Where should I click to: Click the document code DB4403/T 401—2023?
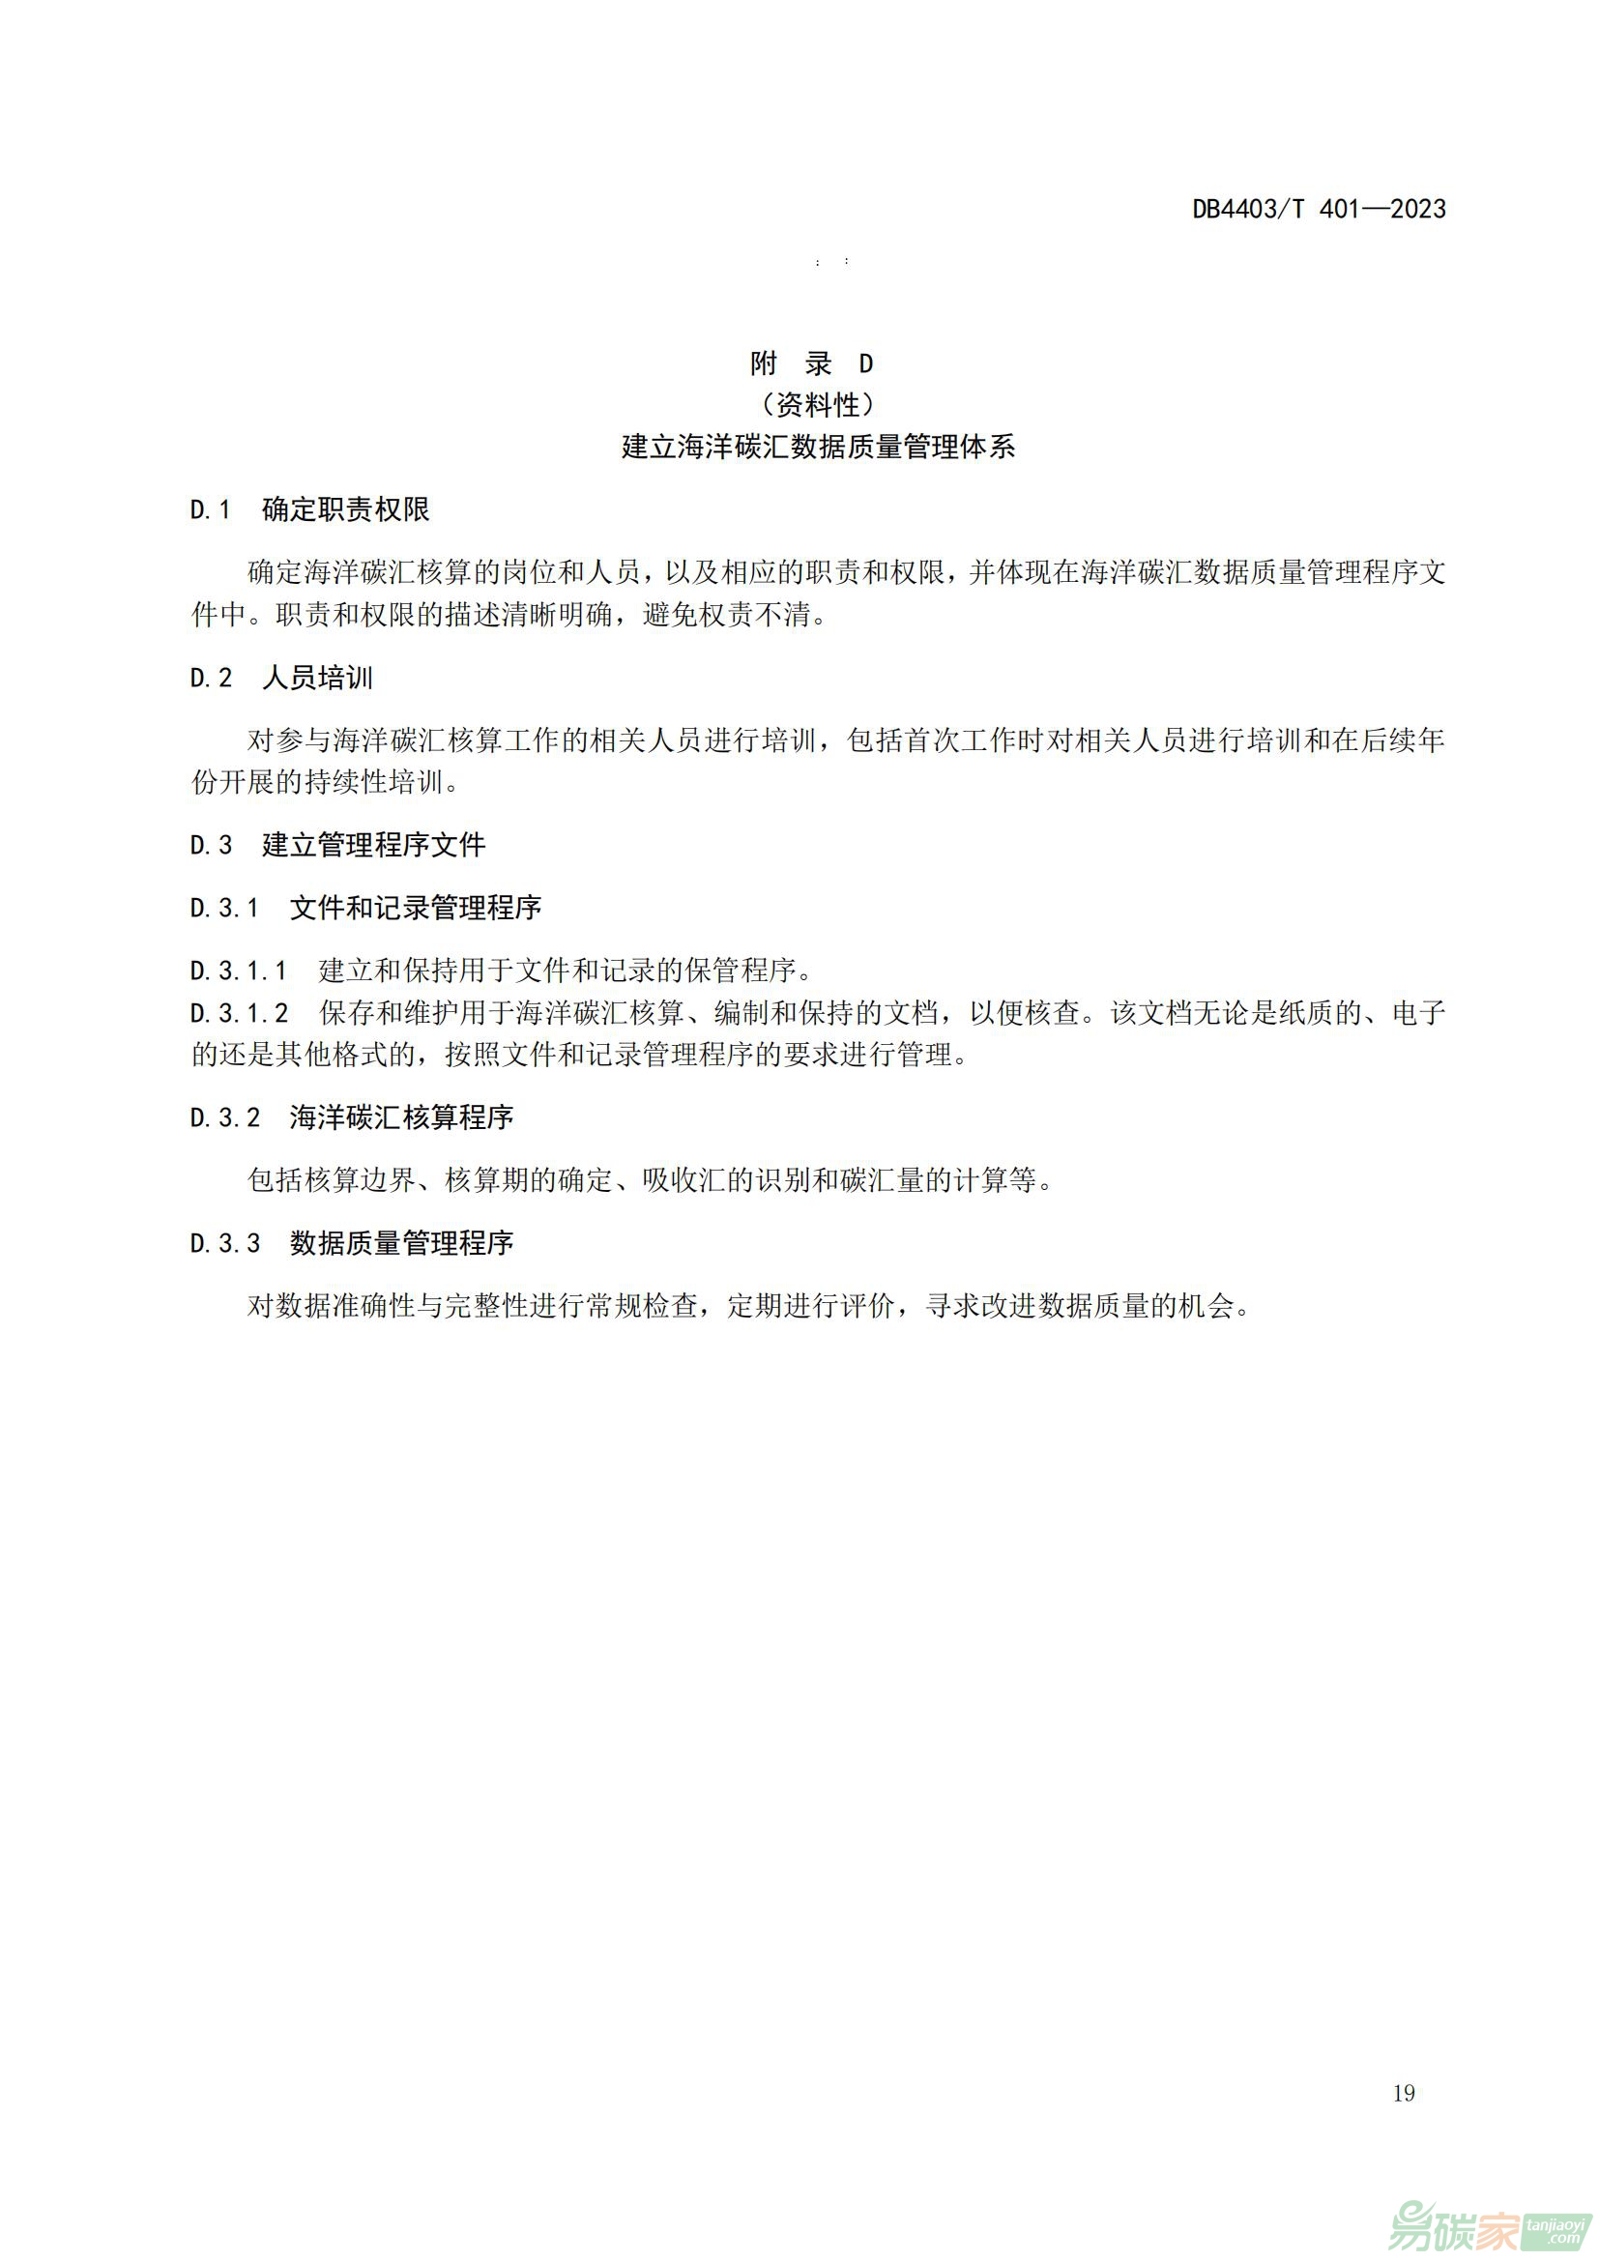pos(1319,209)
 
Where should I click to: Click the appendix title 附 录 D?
pos(811,363)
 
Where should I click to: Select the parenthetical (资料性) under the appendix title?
pos(817,405)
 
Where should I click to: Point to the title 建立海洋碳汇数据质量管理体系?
pos(817,448)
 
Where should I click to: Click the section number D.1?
pos(210,510)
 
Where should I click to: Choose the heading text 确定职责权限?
pos(345,510)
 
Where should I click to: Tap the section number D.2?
pos(211,678)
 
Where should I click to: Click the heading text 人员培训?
pos(318,678)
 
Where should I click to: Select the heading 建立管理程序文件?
pos(373,845)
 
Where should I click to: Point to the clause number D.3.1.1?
pos(238,971)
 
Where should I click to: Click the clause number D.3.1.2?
pos(239,1012)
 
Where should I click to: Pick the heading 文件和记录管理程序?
pos(416,908)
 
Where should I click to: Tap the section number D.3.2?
pos(224,1117)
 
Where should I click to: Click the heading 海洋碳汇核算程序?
pos(402,1117)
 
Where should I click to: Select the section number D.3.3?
pos(224,1244)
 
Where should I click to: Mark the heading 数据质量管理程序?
pos(402,1244)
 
